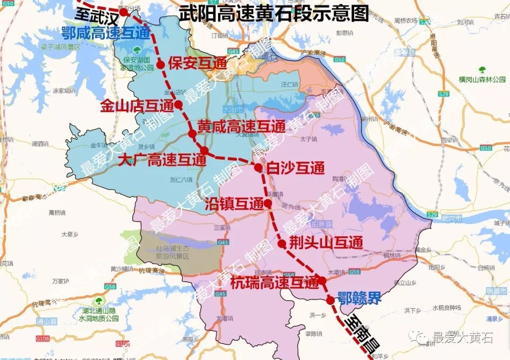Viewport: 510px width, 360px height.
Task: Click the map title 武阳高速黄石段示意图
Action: click(x=273, y=14)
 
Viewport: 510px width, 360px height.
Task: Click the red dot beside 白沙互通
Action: click(x=258, y=167)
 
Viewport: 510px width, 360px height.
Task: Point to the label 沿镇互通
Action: click(x=234, y=204)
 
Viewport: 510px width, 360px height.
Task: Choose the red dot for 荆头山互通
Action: click(x=282, y=244)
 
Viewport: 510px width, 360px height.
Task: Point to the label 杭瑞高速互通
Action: click(x=275, y=283)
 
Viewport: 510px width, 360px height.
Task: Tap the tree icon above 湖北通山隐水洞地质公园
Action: click(x=99, y=301)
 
